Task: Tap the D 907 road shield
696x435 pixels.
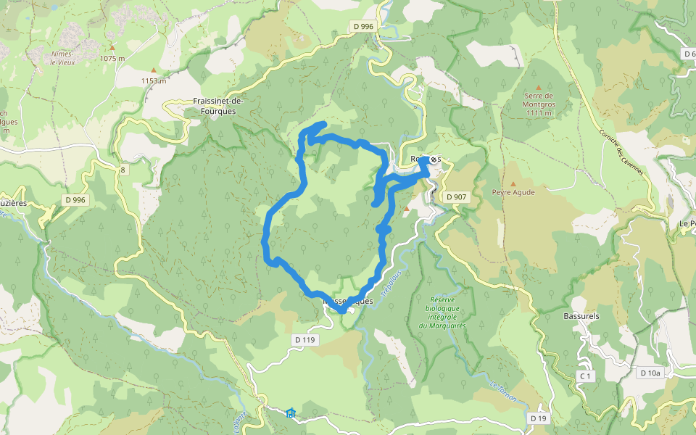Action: tap(457, 196)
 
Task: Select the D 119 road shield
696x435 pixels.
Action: tap(306, 339)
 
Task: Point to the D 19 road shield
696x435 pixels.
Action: tap(537, 418)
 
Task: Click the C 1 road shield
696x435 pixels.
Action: tap(586, 376)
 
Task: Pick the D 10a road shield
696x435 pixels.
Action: tap(650, 373)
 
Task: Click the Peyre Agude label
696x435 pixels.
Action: tap(513, 193)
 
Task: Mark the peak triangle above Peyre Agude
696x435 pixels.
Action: tap(513, 184)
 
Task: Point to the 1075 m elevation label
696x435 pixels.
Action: tap(112, 58)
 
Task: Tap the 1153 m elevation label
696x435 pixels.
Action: tap(153, 80)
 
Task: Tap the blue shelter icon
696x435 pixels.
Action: tap(291, 413)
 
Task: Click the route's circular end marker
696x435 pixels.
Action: tap(434, 159)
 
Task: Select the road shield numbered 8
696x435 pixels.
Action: tap(124, 170)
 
